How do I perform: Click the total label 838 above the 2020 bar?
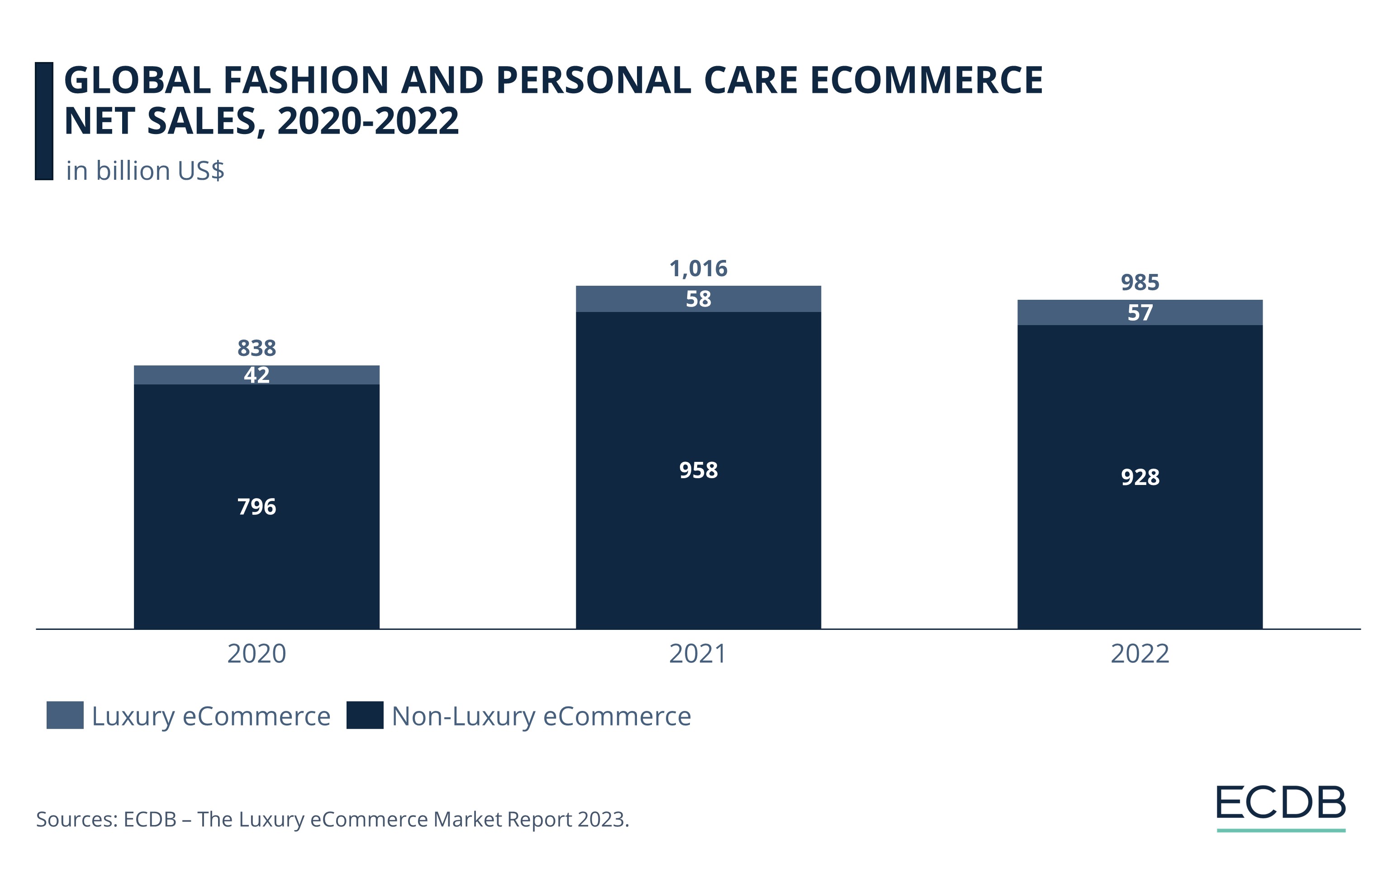coord(257,348)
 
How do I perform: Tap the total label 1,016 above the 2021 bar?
coord(698,269)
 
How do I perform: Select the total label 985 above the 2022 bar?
coord(1140,283)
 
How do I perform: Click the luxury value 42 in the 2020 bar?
coord(257,375)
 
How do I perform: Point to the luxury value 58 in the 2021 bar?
coord(698,299)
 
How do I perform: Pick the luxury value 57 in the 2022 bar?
coord(1140,313)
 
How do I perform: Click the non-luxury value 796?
coord(257,507)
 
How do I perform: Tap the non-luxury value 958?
coord(698,470)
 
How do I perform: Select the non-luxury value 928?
coord(1140,477)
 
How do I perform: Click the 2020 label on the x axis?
coord(257,654)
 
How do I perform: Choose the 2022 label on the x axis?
coord(1140,654)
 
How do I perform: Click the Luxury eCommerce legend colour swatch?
coord(65,715)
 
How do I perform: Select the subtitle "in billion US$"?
coord(145,171)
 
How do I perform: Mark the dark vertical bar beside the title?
coord(44,121)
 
